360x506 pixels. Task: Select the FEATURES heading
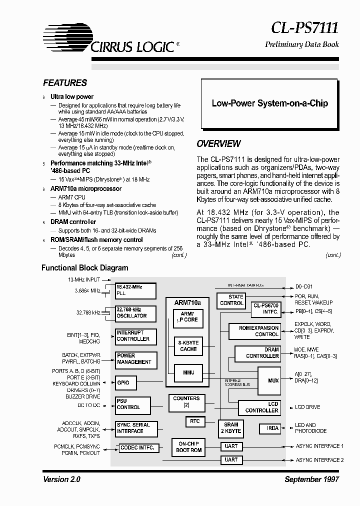pos(65,83)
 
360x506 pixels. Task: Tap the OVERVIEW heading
pos(218,144)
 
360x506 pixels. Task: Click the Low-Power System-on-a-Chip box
pos(270,103)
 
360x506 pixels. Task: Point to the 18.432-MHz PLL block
pos(135,291)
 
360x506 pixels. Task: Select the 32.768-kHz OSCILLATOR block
pos(135,313)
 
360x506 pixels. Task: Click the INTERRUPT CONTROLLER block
pos(135,336)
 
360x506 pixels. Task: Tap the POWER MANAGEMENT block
pos(135,359)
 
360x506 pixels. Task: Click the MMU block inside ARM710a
pos(188,372)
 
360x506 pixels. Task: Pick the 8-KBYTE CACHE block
pos(188,346)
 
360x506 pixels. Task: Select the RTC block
pos(195,421)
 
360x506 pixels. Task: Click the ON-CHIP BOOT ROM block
pos(188,446)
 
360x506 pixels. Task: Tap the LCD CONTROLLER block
pos(259,407)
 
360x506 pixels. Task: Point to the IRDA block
pos(272,428)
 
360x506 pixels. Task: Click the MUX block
pos(273,380)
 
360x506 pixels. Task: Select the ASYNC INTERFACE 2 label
pos(319,460)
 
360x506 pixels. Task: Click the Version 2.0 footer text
pos(61,479)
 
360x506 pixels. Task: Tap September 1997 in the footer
pos(311,479)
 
